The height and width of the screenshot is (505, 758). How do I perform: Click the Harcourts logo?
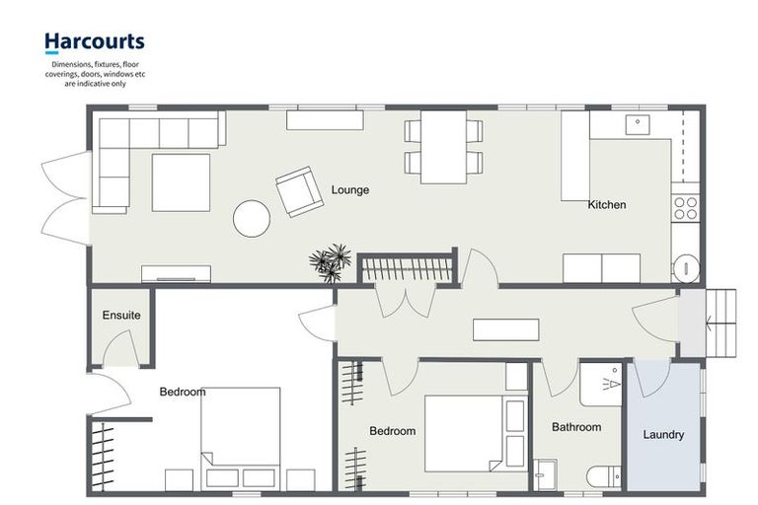click(x=94, y=41)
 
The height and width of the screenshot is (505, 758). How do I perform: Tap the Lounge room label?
click(x=350, y=189)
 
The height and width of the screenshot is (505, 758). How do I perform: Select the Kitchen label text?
click(x=607, y=205)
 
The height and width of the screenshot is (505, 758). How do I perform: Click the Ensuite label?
click(x=121, y=316)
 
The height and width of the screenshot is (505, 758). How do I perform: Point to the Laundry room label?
click(x=663, y=434)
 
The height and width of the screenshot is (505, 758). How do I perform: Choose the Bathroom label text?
click(x=576, y=427)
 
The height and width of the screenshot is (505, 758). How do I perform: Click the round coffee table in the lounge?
click(x=252, y=218)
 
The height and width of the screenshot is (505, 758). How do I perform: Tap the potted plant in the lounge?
click(x=330, y=262)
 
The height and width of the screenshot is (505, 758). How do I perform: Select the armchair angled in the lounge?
click(x=299, y=191)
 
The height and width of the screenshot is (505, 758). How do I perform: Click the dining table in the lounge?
click(x=443, y=146)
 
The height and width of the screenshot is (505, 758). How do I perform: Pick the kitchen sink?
click(x=639, y=124)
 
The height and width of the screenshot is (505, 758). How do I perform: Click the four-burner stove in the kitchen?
click(x=685, y=207)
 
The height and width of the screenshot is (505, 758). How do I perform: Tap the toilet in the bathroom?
click(x=604, y=477)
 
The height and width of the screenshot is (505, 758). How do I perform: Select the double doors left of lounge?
click(x=64, y=197)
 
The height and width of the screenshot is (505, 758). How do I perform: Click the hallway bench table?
click(x=505, y=329)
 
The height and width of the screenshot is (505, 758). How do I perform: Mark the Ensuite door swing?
click(x=120, y=349)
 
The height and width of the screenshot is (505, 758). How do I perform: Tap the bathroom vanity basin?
click(x=545, y=474)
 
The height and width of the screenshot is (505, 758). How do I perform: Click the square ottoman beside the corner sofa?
click(x=181, y=182)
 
